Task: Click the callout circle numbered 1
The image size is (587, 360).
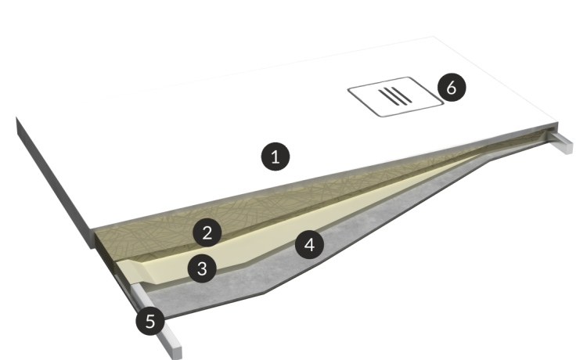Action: (275, 157)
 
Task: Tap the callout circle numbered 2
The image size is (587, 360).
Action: (207, 232)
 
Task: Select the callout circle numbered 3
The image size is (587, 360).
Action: (202, 268)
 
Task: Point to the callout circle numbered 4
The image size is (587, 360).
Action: (310, 245)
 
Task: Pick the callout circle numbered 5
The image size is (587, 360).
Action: (150, 321)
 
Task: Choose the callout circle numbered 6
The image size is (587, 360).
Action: (452, 88)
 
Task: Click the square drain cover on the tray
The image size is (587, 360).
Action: (396, 96)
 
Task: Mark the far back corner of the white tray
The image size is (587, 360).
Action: (434, 37)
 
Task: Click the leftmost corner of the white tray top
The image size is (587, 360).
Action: (16, 117)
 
